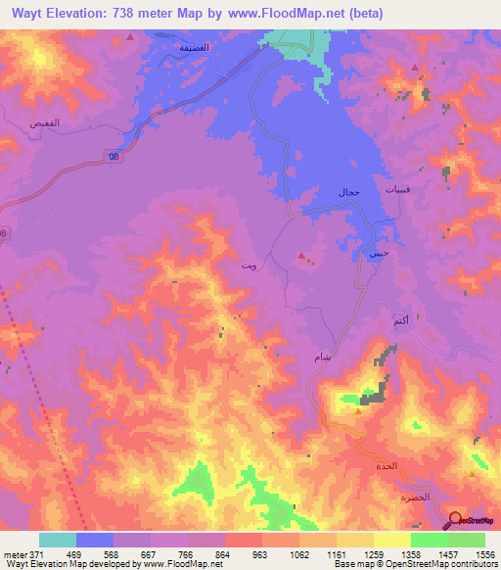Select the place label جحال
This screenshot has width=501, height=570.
(348, 192)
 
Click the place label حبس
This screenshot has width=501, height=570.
(377, 253)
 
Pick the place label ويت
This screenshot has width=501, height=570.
(250, 265)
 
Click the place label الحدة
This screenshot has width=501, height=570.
(387, 466)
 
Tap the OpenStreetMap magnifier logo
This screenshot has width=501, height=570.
(456, 519)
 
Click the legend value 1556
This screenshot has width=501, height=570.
(485, 554)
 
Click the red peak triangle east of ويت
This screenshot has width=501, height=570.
(301, 259)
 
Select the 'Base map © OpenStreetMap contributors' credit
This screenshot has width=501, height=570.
(415, 564)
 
